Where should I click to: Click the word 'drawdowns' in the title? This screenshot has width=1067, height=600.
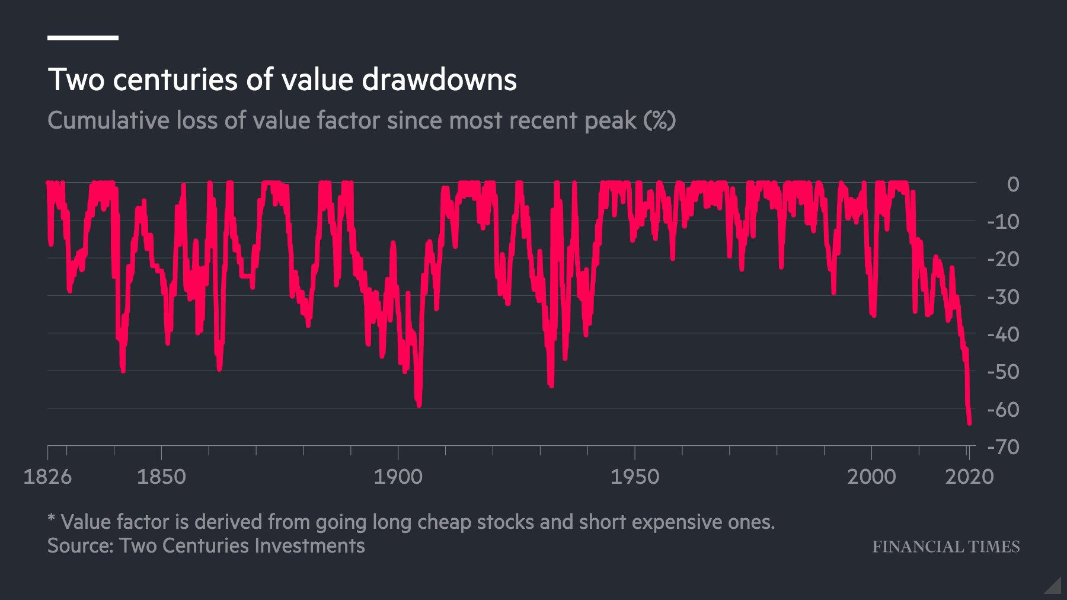(439, 79)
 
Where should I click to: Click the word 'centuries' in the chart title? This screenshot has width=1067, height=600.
(175, 79)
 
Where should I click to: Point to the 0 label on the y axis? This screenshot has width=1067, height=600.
(1013, 184)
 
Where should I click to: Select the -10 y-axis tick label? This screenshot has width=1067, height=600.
(1004, 222)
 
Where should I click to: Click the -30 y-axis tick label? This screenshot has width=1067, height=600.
(1004, 297)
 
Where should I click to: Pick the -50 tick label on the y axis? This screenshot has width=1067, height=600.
(1004, 372)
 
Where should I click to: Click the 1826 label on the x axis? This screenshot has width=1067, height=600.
(47, 477)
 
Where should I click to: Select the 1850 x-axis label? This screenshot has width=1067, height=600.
(161, 477)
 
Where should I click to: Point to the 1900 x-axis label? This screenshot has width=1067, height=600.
(398, 477)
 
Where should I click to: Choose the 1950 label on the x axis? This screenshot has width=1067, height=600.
(635, 477)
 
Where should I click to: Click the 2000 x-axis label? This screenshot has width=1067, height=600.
(871, 477)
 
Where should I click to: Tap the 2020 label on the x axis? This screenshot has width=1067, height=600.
(969, 477)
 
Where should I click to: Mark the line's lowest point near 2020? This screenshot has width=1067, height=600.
(969, 423)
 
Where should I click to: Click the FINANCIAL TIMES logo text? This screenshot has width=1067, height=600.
(945, 547)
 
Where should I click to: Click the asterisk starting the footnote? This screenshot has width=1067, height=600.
(52, 519)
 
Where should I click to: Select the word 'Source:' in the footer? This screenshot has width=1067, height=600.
(81, 545)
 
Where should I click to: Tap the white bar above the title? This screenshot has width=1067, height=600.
(83, 38)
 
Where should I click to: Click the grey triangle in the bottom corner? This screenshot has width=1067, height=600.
(1055, 587)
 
